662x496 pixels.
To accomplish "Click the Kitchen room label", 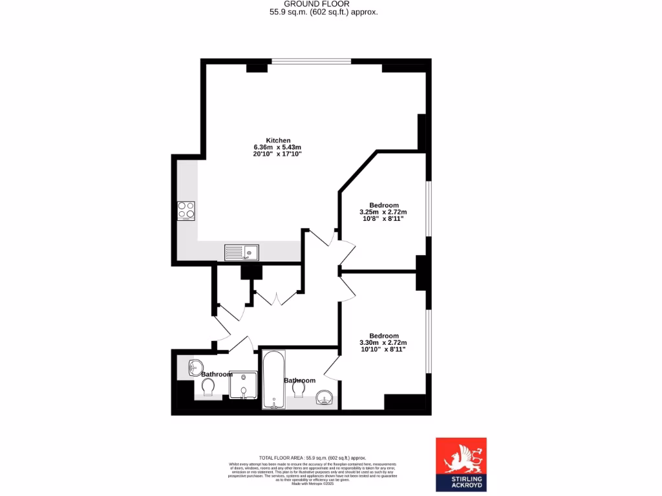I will pyautogui.click(x=278, y=140).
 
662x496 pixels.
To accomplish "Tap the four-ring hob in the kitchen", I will pyautogui.click(x=186, y=211).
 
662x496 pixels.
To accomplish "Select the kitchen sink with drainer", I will pyautogui.click(x=242, y=252).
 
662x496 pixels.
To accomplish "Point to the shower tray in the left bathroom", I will pyautogui.click(x=243, y=386).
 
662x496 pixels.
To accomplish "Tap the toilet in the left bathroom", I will pyautogui.click(x=208, y=387).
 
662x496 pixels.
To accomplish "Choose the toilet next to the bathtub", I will pyautogui.click(x=299, y=390).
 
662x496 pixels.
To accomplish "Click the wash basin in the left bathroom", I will pyautogui.click(x=195, y=367).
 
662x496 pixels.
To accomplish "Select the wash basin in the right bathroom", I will pyautogui.click(x=323, y=398).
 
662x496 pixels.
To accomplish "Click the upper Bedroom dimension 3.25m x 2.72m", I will pyautogui.click(x=383, y=212).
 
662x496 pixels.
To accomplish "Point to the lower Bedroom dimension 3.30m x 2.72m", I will pyautogui.click(x=383, y=342).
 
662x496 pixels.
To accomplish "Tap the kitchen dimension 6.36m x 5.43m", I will pyautogui.click(x=278, y=147).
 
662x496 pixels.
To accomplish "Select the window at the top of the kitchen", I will pyautogui.click(x=311, y=61).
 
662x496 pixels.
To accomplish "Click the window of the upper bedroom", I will pyautogui.click(x=428, y=207).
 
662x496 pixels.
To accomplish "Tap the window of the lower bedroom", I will pyautogui.click(x=428, y=341).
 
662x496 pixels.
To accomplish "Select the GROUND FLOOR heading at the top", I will pyautogui.click(x=323, y=3).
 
